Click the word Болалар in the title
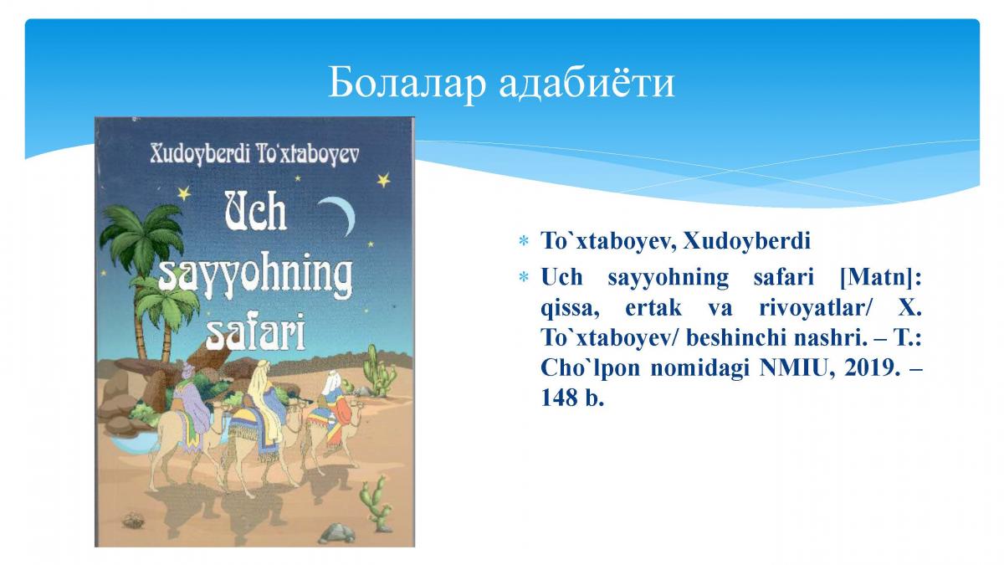[x=407, y=82]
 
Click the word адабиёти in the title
[x=587, y=82]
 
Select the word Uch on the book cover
[x=255, y=212]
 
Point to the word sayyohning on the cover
[x=255, y=275]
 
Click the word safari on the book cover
[x=255, y=333]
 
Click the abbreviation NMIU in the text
[x=792, y=368]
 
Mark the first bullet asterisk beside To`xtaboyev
[x=523, y=241]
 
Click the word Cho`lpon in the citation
[x=591, y=369]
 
